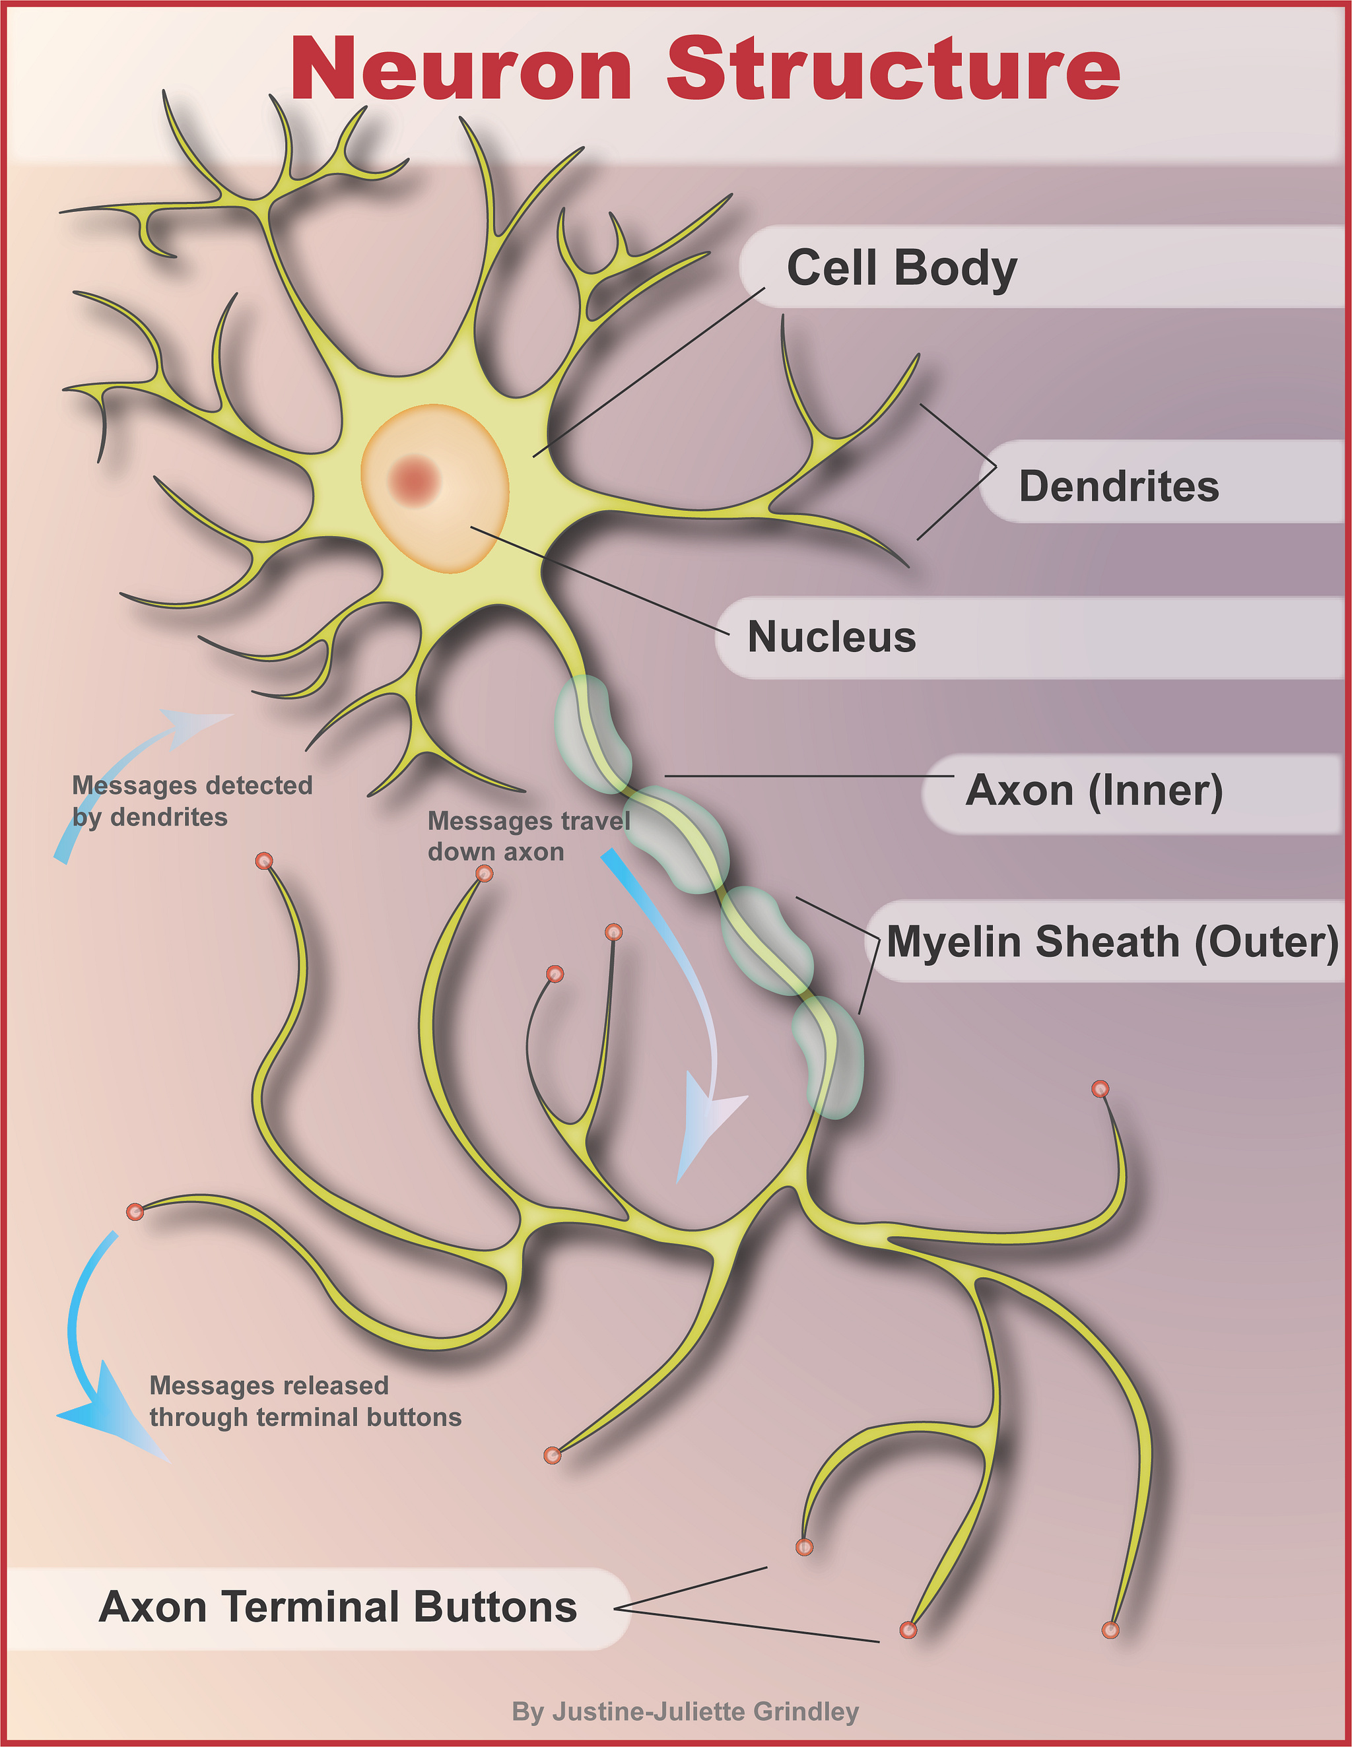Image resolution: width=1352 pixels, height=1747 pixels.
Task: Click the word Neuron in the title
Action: click(x=461, y=71)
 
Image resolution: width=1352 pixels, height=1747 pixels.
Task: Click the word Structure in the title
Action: click(x=892, y=71)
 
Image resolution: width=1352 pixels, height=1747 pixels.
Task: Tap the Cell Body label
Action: click(x=902, y=267)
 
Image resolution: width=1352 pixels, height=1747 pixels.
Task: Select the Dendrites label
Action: click(x=1118, y=486)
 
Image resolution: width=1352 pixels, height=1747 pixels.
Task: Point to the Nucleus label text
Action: click(x=831, y=638)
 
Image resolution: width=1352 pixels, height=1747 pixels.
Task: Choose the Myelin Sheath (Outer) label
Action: click(x=1112, y=942)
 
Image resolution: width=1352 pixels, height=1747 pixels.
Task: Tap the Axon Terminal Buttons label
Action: click(x=337, y=1607)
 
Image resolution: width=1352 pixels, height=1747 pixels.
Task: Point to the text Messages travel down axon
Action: click(x=528, y=836)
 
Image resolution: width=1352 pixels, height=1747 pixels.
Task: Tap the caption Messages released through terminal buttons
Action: click(x=305, y=1401)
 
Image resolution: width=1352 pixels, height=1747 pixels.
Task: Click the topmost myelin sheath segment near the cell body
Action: click(x=591, y=732)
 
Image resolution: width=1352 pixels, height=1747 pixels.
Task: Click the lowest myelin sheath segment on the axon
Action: click(x=828, y=1057)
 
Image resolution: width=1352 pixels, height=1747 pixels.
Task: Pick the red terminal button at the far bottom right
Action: click(x=1110, y=1630)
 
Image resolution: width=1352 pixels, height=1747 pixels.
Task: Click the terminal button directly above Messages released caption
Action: click(x=135, y=1212)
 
